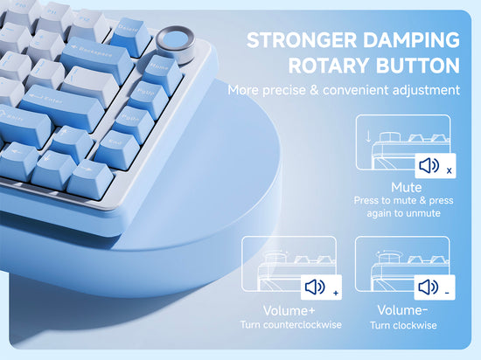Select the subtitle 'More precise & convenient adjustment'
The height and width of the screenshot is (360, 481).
pyautogui.click(x=343, y=90)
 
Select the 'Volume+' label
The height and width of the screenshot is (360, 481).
pyautogui.click(x=290, y=311)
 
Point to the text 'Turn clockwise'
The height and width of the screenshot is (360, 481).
pyautogui.click(x=402, y=325)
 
